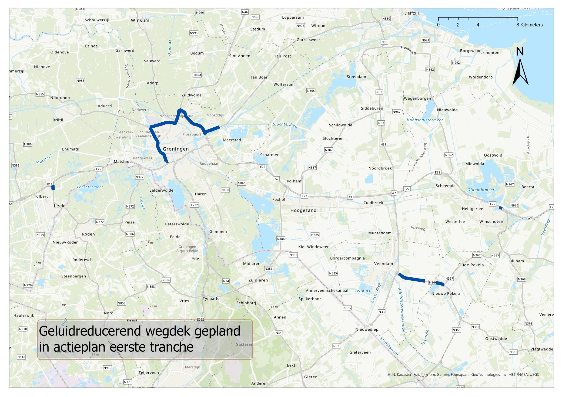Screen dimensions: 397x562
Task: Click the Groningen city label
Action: [176, 149]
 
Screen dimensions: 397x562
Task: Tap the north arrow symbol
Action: [520, 72]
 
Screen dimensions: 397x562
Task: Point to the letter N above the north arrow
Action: [520, 52]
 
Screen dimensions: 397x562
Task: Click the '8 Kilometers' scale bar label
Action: [529, 25]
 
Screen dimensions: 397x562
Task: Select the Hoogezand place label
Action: [303, 211]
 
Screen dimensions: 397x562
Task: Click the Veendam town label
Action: [383, 264]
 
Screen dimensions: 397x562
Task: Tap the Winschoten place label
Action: [491, 222]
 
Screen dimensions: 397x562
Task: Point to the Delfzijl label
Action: [412, 13]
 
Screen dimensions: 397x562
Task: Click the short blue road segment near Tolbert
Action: [53, 188]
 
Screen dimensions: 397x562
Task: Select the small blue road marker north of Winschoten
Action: [500, 208]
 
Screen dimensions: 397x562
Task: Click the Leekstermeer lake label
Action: [90, 187]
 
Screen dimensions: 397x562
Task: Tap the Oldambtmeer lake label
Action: [481, 190]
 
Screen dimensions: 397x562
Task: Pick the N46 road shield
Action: [245, 12]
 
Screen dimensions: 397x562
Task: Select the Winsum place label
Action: [140, 21]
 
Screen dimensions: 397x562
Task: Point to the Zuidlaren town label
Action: [258, 280]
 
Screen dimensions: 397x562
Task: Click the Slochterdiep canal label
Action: [285, 125]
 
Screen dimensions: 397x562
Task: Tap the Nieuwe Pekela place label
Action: [445, 294]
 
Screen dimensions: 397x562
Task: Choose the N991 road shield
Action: [425, 40]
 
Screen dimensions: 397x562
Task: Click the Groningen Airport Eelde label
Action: [187, 249]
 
